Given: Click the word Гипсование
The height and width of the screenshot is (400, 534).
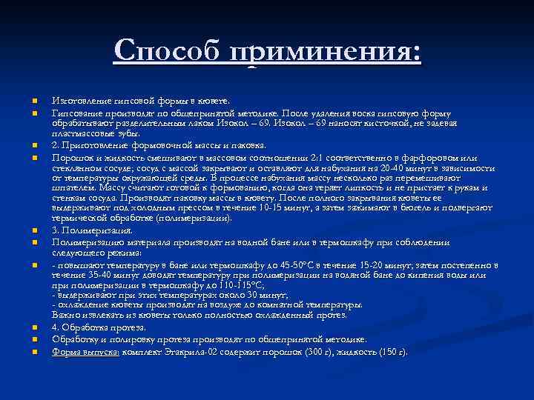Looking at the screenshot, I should tap(75, 113).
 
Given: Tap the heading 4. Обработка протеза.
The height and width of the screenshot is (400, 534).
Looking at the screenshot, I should tap(99, 327).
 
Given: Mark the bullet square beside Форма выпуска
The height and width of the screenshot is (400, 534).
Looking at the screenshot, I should tap(35, 352).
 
